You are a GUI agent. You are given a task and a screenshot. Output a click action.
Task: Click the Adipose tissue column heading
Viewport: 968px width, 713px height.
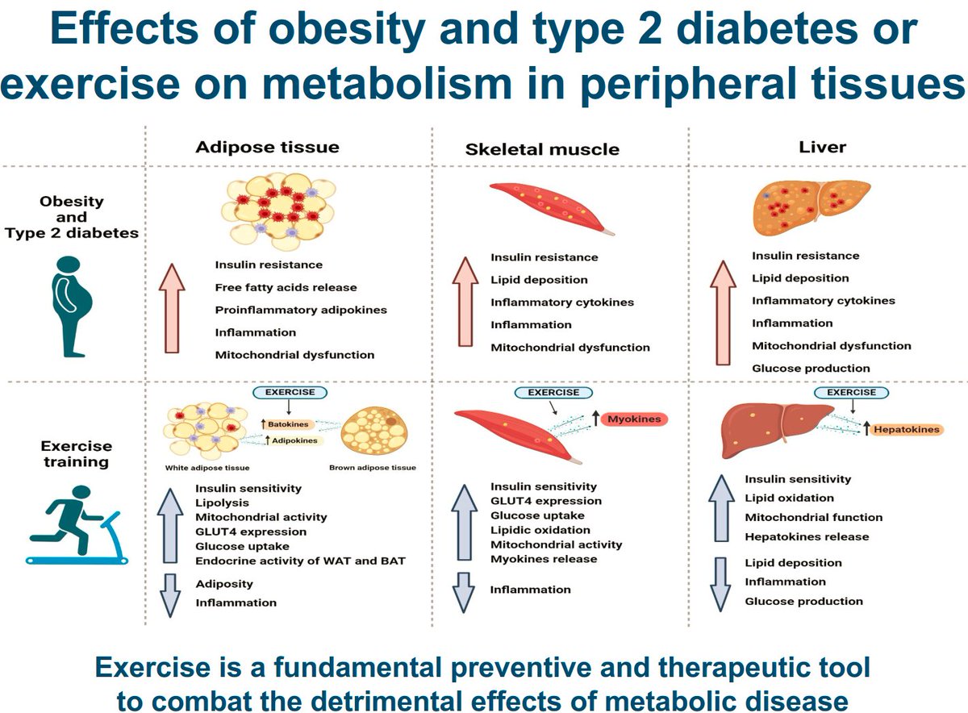click(268, 147)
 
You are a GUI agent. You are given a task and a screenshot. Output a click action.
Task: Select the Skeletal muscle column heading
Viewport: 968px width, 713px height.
click(542, 149)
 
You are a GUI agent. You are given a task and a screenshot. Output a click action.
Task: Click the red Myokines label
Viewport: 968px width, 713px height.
click(633, 419)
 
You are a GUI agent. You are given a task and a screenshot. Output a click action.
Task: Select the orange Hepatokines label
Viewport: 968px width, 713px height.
click(907, 429)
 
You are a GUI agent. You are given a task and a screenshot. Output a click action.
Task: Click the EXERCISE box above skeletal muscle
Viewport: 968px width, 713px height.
click(553, 392)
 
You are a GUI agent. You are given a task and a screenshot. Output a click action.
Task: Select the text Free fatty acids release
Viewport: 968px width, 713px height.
click(286, 287)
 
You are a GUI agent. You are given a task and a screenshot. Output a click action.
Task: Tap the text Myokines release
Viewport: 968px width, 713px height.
click(544, 559)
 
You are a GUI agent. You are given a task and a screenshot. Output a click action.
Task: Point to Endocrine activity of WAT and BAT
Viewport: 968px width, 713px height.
click(300, 561)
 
